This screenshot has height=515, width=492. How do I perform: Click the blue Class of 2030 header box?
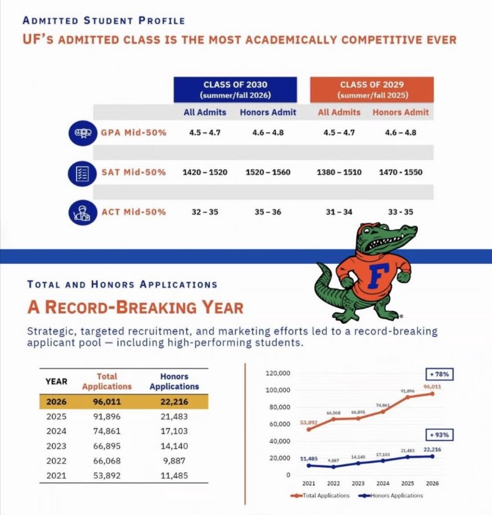tap(235, 89)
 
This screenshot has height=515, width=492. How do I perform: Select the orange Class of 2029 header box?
tap(372, 89)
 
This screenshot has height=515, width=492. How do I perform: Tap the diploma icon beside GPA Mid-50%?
tap(83, 133)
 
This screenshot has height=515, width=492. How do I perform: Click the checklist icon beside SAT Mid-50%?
tap(83, 173)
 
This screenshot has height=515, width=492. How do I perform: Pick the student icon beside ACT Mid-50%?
tap(83, 212)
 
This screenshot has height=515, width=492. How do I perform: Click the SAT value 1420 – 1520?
tap(205, 173)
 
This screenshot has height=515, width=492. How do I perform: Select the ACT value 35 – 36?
tap(268, 212)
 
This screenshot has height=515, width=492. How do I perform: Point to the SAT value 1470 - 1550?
tap(400, 173)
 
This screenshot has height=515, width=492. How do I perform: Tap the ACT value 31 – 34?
tap(339, 212)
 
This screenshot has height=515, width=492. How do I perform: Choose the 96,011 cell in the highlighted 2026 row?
tap(107, 402)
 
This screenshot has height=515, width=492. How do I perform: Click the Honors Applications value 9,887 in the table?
tap(174, 461)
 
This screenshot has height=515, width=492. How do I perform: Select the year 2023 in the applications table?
tap(56, 446)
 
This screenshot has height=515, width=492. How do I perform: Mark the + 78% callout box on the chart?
tap(439, 374)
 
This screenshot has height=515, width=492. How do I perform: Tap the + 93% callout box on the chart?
tap(439, 435)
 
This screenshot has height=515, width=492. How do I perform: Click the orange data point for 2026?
tap(432, 394)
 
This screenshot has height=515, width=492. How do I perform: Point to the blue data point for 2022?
tap(334, 467)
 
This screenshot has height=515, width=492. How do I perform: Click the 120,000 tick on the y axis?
tap(278, 373)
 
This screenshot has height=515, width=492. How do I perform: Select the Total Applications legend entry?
tap(320, 495)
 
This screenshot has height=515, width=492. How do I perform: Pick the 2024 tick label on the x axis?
tap(382, 484)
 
